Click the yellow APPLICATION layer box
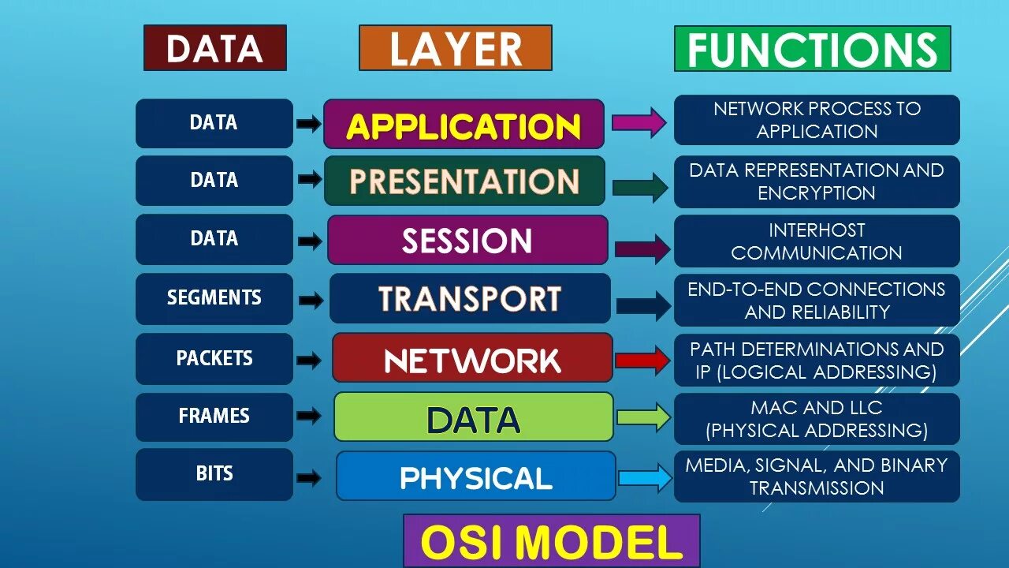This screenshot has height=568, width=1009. click(464, 125)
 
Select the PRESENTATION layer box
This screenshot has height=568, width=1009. click(464, 181)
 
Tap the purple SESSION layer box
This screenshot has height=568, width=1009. click(467, 240)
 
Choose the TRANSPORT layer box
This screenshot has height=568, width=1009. click(470, 298)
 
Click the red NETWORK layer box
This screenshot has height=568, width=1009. click(472, 358)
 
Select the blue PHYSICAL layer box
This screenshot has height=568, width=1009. click(476, 476)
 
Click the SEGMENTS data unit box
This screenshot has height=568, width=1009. click(214, 298)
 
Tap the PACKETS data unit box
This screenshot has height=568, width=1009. click(214, 358)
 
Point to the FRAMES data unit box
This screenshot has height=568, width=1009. click(214, 417)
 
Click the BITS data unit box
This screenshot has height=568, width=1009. click(214, 474)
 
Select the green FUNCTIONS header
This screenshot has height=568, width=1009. click(812, 49)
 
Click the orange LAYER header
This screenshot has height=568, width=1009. click(456, 48)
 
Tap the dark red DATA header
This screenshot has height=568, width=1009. click(214, 48)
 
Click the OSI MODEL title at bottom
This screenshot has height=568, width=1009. click(551, 542)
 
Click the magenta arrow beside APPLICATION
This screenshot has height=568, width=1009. click(639, 122)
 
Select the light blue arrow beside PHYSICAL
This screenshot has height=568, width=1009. click(645, 477)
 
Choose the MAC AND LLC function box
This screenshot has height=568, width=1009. click(817, 419)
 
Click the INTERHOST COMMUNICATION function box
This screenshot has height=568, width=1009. click(817, 241)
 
